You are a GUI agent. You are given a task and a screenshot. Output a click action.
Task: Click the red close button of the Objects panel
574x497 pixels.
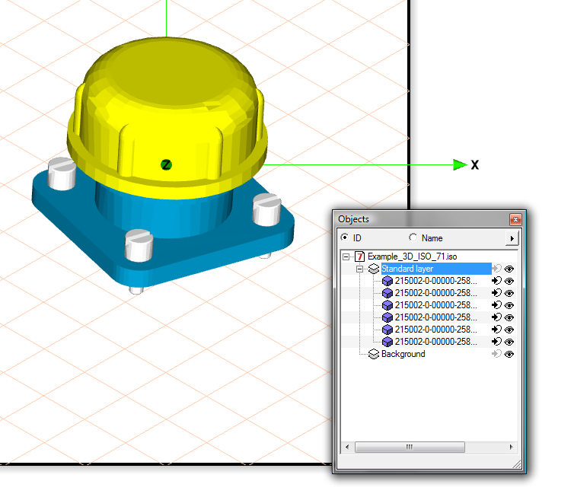[x=516, y=219]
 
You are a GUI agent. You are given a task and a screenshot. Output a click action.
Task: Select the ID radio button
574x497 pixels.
[x=344, y=238]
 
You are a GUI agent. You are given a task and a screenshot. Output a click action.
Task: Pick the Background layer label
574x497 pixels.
[x=403, y=354]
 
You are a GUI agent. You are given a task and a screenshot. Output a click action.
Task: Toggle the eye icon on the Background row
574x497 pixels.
[x=509, y=354]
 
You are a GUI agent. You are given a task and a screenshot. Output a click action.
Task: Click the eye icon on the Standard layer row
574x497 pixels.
[x=509, y=269]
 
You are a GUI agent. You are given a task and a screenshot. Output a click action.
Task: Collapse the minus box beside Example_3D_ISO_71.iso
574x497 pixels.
[x=346, y=256]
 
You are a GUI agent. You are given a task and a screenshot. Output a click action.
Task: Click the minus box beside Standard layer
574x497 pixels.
[x=359, y=269]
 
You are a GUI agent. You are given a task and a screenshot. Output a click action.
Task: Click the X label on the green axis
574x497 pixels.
[x=474, y=164]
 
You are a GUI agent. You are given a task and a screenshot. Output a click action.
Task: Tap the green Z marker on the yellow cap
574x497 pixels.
[x=166, y=164]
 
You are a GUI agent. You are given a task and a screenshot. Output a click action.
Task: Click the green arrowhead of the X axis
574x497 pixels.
[x=459, y=164]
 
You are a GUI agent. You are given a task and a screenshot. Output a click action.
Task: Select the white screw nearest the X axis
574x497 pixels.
[x=266, y=209]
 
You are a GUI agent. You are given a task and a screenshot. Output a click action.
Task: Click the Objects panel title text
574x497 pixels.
[x=353, y=219]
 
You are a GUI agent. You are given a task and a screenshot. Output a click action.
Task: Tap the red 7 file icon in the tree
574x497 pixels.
[x=359, y=256]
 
